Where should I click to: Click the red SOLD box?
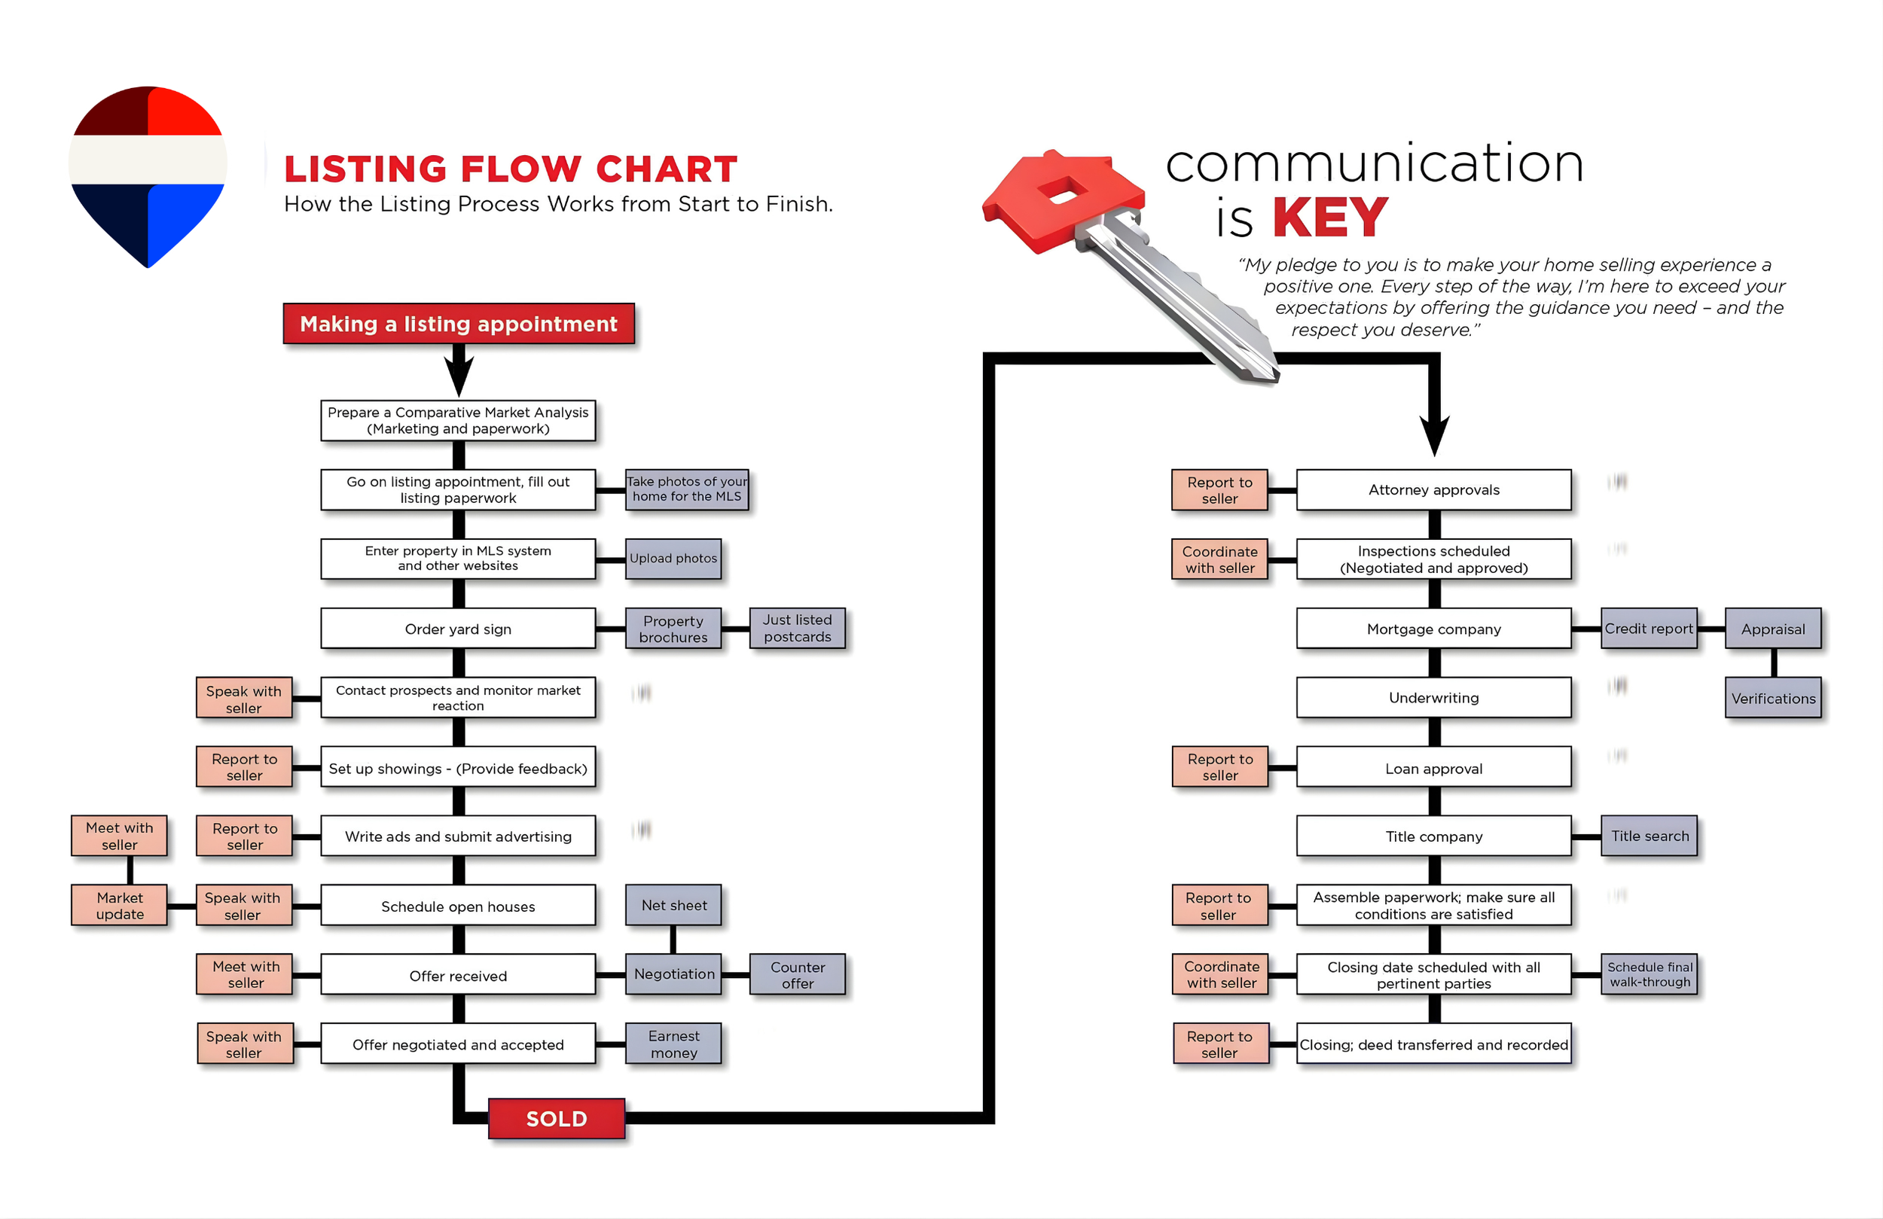point(556,1118)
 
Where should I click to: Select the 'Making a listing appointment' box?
point(459,324)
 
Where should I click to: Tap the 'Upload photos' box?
point(673,559)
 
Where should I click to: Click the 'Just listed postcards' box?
point(797,628)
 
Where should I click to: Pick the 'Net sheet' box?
point(673,905)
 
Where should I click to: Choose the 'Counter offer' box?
point(797,974)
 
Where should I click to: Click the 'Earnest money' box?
point(673,1044)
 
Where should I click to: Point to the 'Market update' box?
point(120,905)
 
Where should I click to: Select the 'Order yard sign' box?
point(458,629)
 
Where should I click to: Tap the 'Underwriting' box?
point(1433,698)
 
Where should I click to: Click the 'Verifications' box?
point(1773,698)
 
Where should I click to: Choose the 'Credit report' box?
point(1649,629)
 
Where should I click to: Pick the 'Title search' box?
point(1650,837)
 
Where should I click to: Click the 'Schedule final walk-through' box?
point(1650,974)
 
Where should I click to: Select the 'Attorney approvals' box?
point(1433,489)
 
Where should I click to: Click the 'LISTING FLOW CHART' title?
point(511,169)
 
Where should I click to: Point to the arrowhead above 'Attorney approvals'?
point(1434,435)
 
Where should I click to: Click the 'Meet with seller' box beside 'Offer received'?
point(246,974)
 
